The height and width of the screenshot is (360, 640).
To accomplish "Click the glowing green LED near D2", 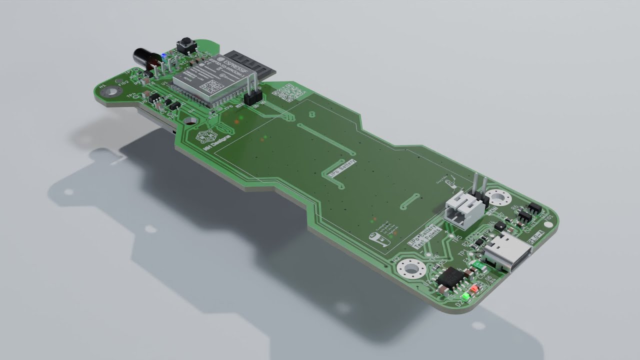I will click(x=465, y=297).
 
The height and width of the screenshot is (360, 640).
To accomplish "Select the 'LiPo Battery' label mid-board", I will click(x=342, y=167).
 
